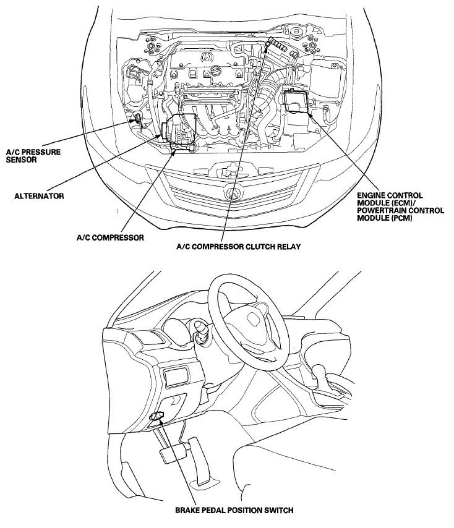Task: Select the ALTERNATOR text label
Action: pos(39,195)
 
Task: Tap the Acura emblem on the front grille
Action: pos(234,191)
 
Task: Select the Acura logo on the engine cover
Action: pos(207,57)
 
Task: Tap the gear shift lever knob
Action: pos(320,373)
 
